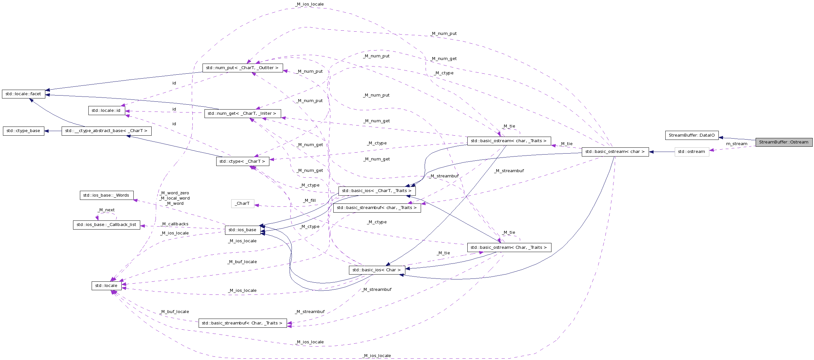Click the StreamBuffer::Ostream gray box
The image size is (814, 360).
click(784, 142)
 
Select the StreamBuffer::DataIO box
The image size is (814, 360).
click(691, 135)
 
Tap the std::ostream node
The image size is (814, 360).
click(691, 152)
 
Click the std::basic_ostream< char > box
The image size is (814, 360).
click(615, 152)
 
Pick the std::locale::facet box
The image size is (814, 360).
click(23, 94)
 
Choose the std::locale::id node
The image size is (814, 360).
click(106, 111)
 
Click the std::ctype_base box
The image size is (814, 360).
click(23, 131)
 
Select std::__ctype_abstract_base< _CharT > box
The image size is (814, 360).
click(106, 131)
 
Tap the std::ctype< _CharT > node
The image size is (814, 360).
click(242, 161)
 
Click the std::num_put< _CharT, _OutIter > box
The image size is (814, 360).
click(242, 68)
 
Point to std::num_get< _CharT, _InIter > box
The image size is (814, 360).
click(242, 113)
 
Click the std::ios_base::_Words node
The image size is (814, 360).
click(106, 195)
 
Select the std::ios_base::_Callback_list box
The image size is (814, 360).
click(106, 225)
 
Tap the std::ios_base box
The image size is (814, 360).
click(242, 230)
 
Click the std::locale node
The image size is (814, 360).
click(106, 286)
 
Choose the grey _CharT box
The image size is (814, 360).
click(242, 203)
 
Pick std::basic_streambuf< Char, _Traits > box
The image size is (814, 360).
click(242, 323)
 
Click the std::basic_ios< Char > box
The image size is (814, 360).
click(377, 270)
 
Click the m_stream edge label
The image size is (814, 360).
click(736, 144)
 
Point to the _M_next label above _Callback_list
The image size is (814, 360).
click(106, 210)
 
